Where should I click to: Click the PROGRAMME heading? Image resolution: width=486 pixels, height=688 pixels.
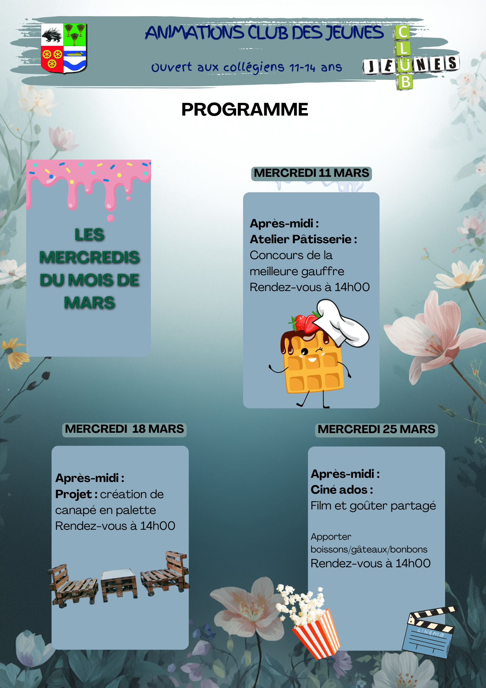point(244,110)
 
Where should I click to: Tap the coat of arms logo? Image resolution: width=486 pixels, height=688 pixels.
point(64,48)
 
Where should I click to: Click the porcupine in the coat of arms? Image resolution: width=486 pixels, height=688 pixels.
point(52,35)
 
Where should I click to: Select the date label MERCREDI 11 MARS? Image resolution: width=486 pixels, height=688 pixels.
point(311,173)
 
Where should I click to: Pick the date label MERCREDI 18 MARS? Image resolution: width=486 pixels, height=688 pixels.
point(124,429)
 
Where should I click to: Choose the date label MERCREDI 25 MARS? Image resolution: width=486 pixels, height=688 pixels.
point(376,430)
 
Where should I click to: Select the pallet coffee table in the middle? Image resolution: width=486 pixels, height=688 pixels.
point(119,583)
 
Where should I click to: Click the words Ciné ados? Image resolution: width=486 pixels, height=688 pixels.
point(339,490)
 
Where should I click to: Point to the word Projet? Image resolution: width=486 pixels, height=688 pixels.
point(73,494)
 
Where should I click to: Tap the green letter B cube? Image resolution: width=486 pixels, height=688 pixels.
point(406,82)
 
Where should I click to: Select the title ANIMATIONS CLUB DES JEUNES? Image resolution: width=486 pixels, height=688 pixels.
point(264,33)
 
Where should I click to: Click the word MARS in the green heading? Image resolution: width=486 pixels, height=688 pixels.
point(89,303)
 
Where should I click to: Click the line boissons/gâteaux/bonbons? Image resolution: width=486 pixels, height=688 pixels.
point(369,550)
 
